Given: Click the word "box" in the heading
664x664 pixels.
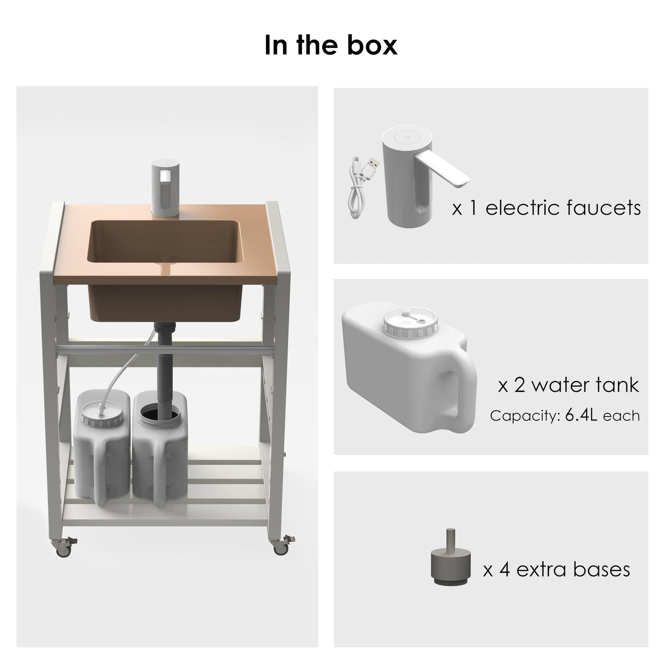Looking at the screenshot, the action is [x=373, y=45].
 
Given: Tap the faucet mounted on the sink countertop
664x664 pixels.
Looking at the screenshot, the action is [x=166, y=188].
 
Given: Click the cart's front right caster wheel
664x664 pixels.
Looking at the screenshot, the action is [x=282, y=546].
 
